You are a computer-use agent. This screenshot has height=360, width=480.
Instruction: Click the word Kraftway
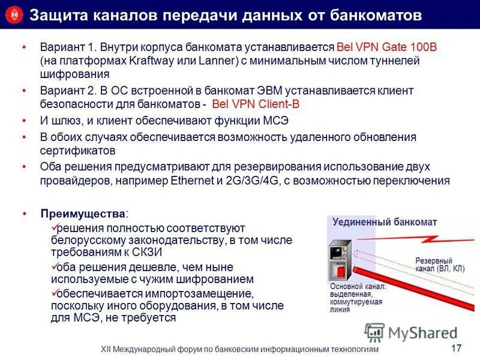[x=153, y=61]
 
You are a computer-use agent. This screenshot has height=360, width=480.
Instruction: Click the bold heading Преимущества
[x=83, y=214]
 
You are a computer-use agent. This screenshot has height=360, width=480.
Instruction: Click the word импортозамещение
[x=199, y=294]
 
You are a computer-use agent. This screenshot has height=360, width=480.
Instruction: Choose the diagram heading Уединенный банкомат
[x=385, y=222]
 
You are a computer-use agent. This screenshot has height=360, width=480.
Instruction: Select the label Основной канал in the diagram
[x=358, y=287]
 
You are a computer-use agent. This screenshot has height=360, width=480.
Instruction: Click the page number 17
[x=456, y=348]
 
